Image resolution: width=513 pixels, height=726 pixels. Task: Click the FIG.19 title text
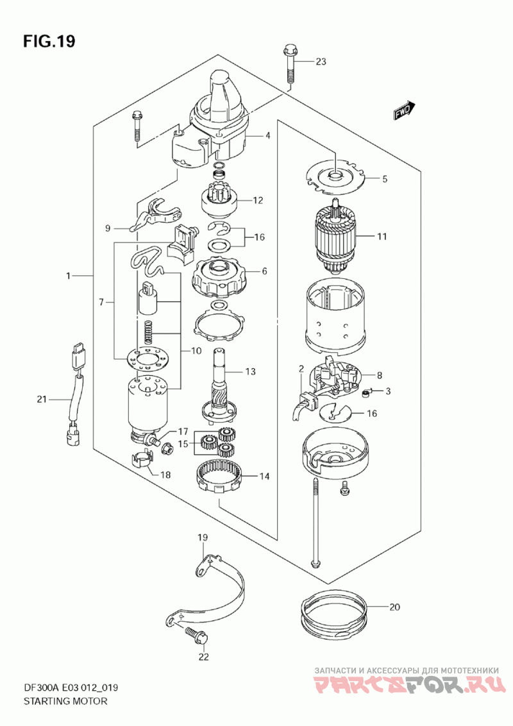click(x=49, y=42)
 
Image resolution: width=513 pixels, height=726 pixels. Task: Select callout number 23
click(x=321, y=62)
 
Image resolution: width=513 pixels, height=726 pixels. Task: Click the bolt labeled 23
click(x=289, y=64)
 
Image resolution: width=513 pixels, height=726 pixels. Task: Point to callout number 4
click(x=268, y=135)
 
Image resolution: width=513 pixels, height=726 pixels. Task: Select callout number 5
click(x=385, y=180)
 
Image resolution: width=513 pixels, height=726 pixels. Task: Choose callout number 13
click(x=250, y=371)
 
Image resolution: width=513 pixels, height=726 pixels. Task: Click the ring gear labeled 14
click(x=219, y=477)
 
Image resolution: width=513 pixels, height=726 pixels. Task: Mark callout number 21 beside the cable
click(x=42, y=400)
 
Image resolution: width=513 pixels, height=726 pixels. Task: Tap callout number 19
click(x=203, y=536)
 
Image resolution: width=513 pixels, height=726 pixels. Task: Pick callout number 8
click(x=379, y=376)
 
